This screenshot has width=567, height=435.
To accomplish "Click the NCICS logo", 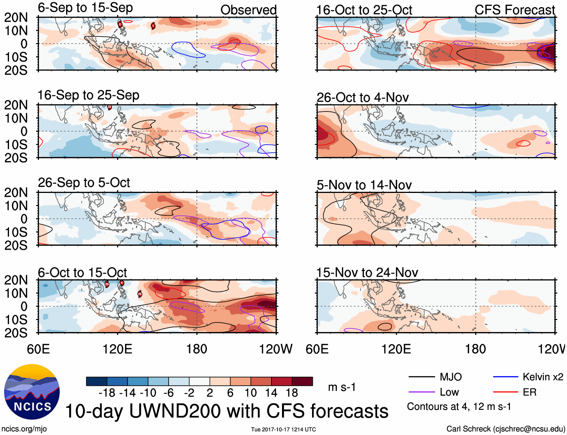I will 32,391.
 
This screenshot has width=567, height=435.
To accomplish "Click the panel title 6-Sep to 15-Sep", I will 85,8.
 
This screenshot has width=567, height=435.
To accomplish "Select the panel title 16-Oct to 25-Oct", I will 364,10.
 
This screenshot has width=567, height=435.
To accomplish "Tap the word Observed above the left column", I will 248,10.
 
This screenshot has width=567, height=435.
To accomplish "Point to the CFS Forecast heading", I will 514,10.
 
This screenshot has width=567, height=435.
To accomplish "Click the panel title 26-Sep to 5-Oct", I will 84,183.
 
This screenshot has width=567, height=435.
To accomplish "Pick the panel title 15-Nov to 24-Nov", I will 367,272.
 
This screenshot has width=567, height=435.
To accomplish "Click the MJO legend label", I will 451,377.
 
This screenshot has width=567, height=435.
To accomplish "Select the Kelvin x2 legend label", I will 543,377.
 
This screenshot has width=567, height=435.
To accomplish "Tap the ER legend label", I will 529,392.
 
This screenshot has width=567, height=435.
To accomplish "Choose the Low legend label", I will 449,392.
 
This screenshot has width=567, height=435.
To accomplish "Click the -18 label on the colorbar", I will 107,393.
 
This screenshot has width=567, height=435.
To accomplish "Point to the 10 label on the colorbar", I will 250,393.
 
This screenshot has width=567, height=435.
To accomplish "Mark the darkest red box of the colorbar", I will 302,381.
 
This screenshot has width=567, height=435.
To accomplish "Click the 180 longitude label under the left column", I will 197,349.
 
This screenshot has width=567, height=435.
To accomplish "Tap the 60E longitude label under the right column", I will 317,349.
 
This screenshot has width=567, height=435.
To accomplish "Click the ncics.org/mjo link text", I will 24,429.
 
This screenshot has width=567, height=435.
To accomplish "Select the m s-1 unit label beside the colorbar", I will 342,387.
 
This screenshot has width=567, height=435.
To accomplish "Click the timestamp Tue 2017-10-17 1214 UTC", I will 283,429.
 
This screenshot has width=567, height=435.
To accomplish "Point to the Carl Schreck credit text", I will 505,429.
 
